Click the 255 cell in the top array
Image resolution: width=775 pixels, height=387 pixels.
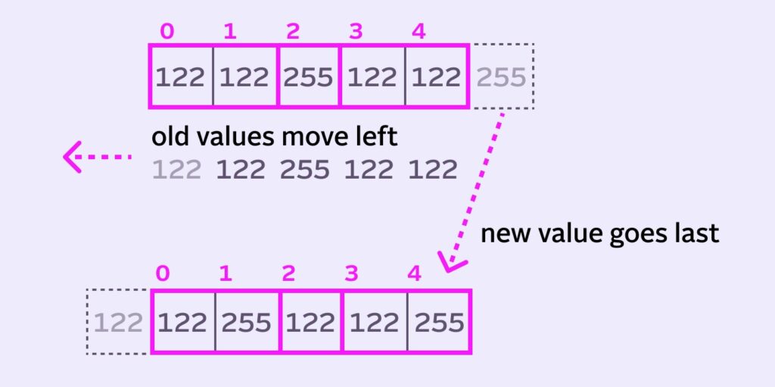309,76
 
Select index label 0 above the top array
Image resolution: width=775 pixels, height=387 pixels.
167,32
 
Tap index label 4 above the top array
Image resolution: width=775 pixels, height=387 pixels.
418,32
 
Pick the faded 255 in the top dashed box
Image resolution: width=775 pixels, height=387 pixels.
501,76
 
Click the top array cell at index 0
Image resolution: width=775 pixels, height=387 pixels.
181,76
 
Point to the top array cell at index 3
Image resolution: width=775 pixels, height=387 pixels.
372,76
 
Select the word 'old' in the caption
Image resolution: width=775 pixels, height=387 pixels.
170,137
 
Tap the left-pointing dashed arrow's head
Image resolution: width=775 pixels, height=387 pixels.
72,157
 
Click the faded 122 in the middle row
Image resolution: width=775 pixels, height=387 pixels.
177,170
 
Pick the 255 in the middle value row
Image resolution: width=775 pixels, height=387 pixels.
304,170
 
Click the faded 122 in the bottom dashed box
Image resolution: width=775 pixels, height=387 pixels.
118,323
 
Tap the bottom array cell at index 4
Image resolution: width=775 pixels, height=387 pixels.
440,322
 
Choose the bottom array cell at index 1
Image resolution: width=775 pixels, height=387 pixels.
247,322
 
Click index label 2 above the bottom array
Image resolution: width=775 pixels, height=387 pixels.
288,273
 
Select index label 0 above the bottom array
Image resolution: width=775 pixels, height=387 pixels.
163,273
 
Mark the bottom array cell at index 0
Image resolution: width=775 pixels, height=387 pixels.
183,322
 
